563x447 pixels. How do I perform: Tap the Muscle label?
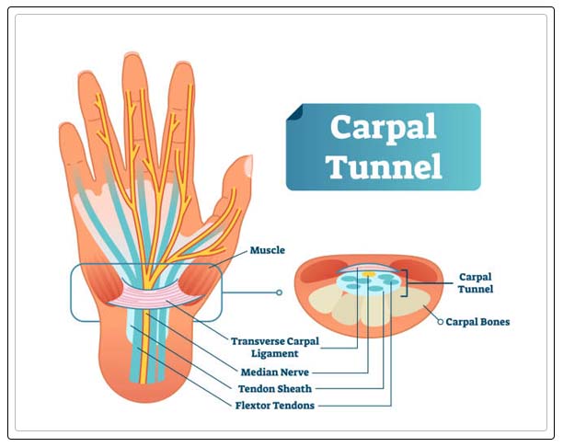pyautogui.click(x=268, y=249)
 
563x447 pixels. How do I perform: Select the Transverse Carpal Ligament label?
pyautogui.click(x=275, y=347)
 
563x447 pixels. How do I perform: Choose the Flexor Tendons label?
pyautogui.click(x=275, y=405)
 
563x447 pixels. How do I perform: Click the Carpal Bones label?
pyautogui.click(x=477, y=323)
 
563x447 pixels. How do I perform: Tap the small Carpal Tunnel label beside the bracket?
pyautogui.click(x=476, y=282)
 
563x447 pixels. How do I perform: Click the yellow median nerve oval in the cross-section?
pyautogui.click(x=368, y=274)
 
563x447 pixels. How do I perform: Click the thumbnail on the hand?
pyautogui.click(x=247, y=166)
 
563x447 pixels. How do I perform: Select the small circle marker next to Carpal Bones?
pyautogui.click(x=439, y=322)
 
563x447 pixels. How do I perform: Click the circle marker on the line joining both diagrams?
pyautogui.click(x=279, y=293)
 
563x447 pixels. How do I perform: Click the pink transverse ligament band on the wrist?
pyautogui.click(x=147, y=295)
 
